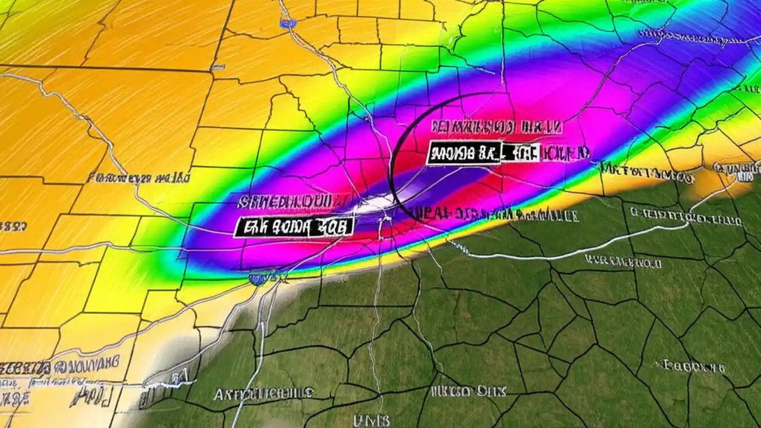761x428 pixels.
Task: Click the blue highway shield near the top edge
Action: tap(289, 23)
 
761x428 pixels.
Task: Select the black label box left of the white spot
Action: tap(294, 226)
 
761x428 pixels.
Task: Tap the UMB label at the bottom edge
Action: tap(372, 421)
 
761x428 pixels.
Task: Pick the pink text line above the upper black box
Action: tap(496, 127)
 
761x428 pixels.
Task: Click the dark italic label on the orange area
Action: tap(138, 177)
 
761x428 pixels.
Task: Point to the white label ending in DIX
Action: tap(468, 391)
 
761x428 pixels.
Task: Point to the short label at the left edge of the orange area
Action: tap(12, 226)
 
